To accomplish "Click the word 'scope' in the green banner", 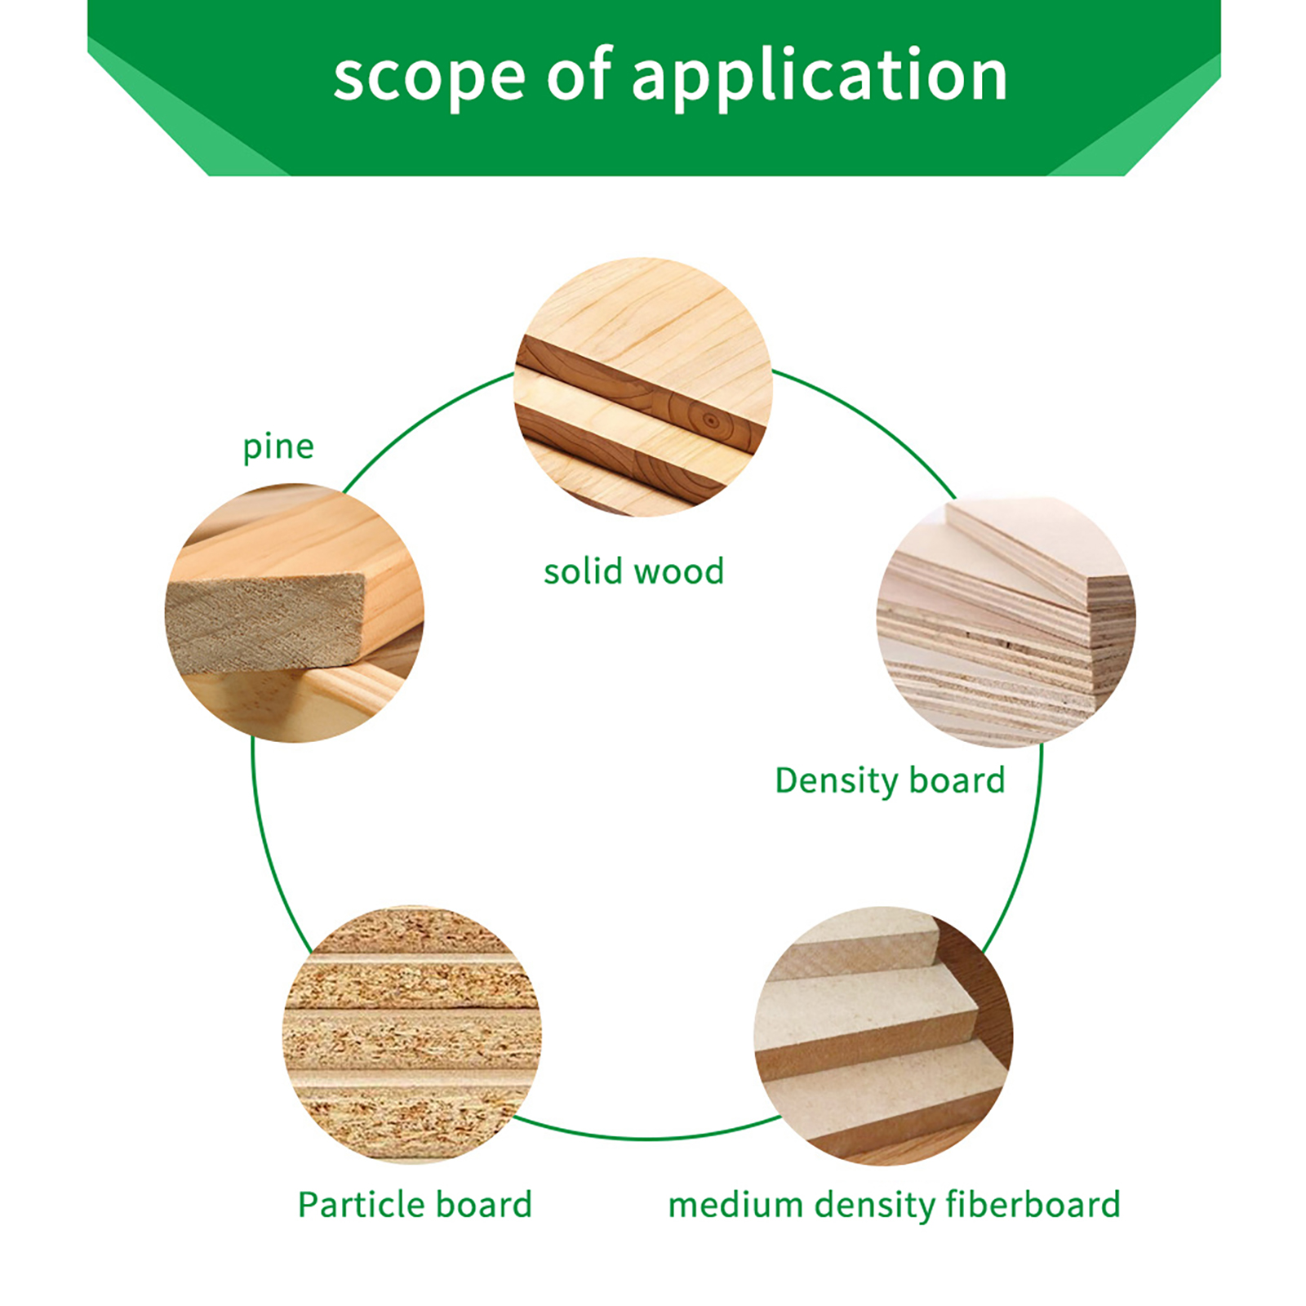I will [x=429, y=78].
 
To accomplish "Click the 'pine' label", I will [x=278, y=447].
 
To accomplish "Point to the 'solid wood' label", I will [x=633, y=571].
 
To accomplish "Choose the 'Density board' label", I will [x=890, y=781].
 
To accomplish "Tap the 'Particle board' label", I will [x=415, y=1205].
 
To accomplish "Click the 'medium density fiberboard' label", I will [x=894, y=1205].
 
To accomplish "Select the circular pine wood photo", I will [x=295, y=612].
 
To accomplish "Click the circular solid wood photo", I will [x=643, y=387].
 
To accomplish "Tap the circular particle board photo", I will [x=412, y=1033].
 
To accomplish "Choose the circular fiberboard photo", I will [x=883, y=1035].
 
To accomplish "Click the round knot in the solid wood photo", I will [x=711, y=421].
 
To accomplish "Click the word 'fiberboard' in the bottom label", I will [x=1033, y=1205].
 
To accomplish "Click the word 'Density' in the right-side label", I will [x=836, y=781].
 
